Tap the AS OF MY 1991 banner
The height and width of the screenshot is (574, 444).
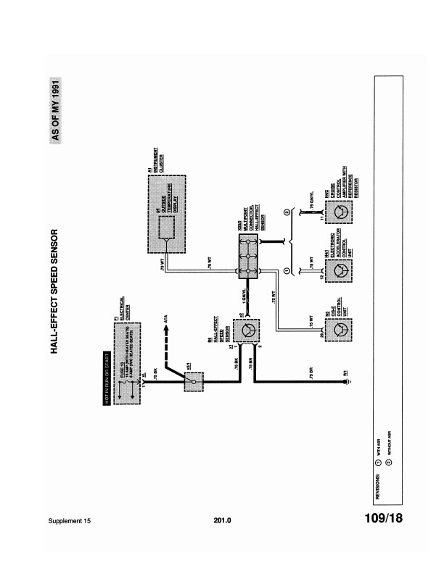[x=56, y=112]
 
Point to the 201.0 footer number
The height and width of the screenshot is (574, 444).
[x=222, y=520]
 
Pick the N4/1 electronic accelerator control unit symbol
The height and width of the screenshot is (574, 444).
[x=338, y=270]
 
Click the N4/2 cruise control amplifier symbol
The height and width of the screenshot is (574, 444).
[x=338, y=211]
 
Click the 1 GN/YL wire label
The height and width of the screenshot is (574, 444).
[x=243, y=296]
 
